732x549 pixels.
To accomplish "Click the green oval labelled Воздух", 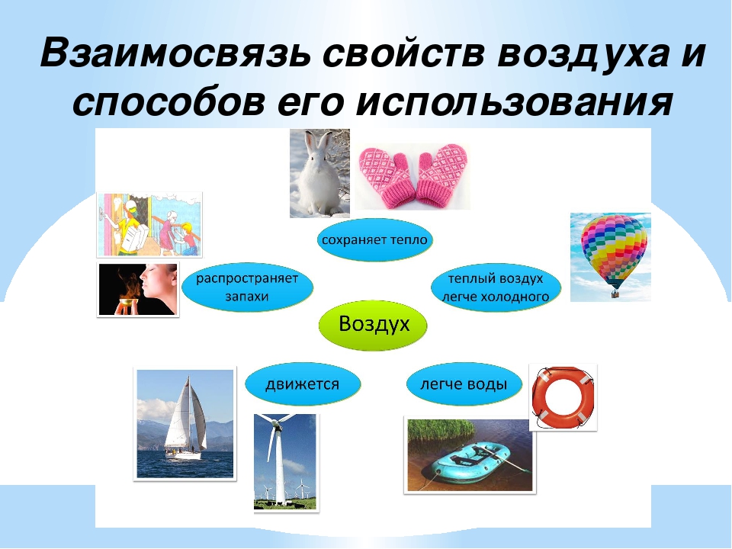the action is pyautogui.click(x=373, y=325).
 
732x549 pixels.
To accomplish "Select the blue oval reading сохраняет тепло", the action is pyautogui.click(x=375, y=240).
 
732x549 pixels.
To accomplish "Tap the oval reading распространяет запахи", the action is pyautogui.click(x=247, y=287).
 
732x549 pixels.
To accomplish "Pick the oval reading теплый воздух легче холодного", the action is pyautogui.click(x=496, y=287).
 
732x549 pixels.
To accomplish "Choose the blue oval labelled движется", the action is pyautogui.click(x=303, y=384).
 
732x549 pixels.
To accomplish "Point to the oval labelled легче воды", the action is pyautogui.click(x=464, y=384).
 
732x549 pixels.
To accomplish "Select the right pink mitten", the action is pyautogui.click(x=441, y=174).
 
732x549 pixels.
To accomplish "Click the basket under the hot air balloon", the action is pyautogui.click(x=615, y=294).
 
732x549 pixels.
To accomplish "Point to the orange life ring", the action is pyautogui.click(x=563, y=398).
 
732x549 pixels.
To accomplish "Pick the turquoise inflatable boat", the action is pyautogui.click(x=470, y=460).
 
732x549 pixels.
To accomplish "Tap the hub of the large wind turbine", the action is pyautogui.click(x=276, y=425).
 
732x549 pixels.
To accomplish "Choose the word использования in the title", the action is pyautogui.click(x=514, y=102).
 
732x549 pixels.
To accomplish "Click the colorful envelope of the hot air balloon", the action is pyautogui.click(x=613, y=246).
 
